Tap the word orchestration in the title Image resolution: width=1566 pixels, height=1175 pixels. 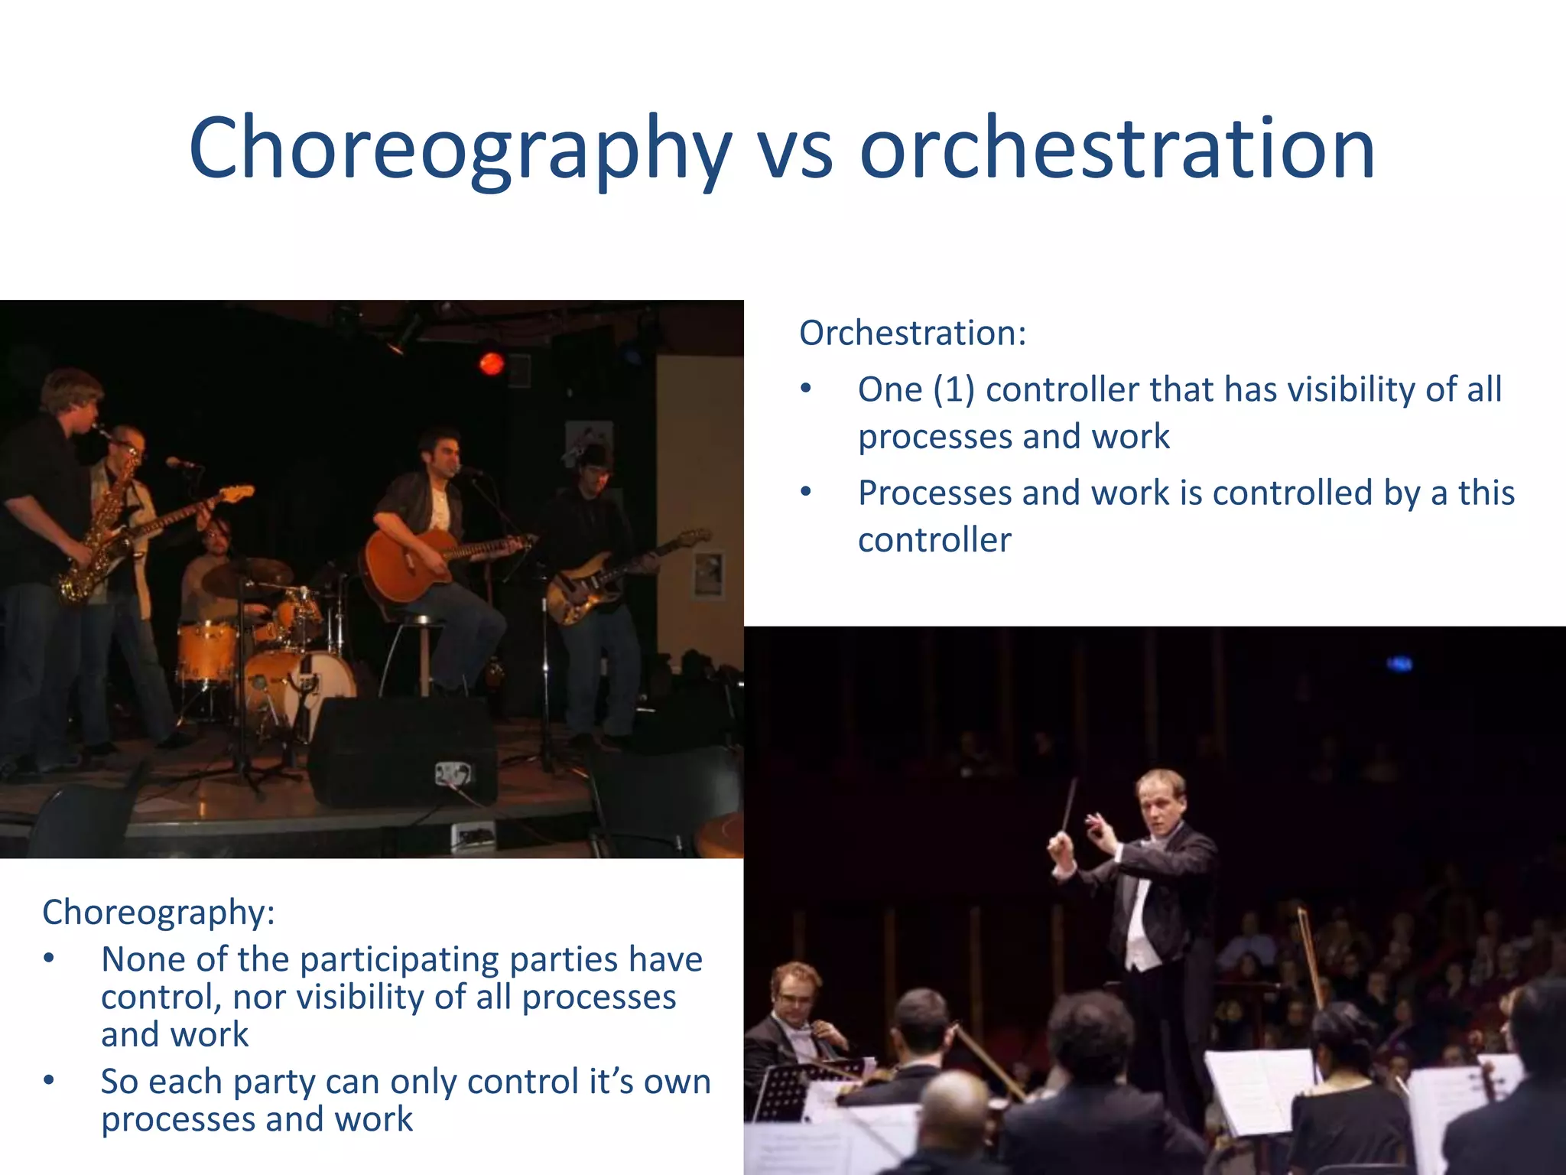tap(1117, 148)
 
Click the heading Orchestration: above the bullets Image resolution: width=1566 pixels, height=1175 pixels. tap(912, 333)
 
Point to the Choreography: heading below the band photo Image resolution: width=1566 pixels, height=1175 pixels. tap(158, 912)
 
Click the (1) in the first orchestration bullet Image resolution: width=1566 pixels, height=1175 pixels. tap(954, 389)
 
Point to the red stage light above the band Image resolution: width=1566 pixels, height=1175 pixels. tap(491, 363)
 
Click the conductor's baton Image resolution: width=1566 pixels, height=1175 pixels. tap(1069, 803)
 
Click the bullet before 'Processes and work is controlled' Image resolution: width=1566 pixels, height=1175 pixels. tap(806, 492)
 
